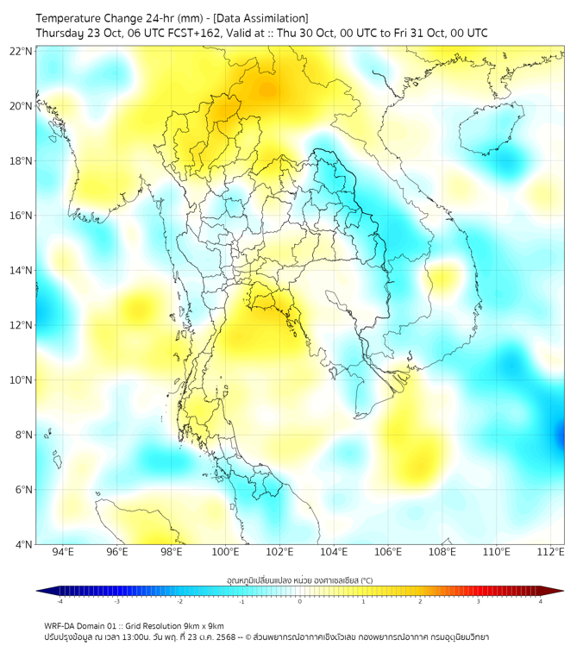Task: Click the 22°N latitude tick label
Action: pyautogui.click(x=21, y=51)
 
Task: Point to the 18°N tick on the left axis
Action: pyautogui.click(x=21, y=160)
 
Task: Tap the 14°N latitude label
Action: pyautogui.click(x=21, y=270)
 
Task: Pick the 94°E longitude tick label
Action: pyautogui.click(x=63, y=553)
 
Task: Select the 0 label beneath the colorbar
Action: pyautogui.click(x=300, y=601)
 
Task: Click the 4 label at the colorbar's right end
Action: pyautogui.click(x=541, y=601)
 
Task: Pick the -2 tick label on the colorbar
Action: pyautogui.click(x=179, y=601)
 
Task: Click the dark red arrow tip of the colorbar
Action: pyautogui.click(x=558, y=591)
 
